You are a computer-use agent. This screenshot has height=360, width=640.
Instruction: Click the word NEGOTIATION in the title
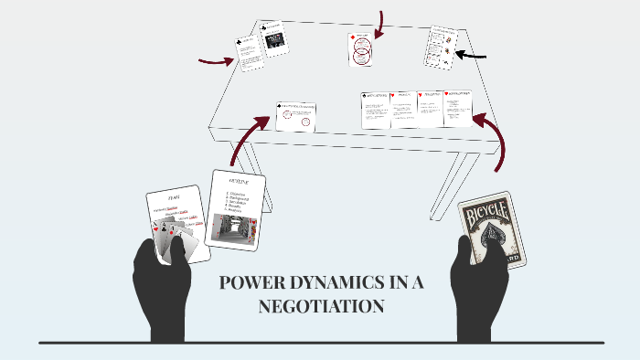[x=320, y=307]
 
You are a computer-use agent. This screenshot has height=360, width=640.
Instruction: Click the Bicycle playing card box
[x=492, y=230]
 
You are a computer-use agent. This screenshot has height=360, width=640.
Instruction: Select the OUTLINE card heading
[x=237, y=182]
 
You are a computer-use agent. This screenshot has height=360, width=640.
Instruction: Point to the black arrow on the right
[x=471, y=56]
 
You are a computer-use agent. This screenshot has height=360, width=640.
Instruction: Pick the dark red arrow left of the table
[x=216, y=62]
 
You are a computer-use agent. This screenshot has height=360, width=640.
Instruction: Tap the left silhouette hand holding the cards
[x=162, y=283]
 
